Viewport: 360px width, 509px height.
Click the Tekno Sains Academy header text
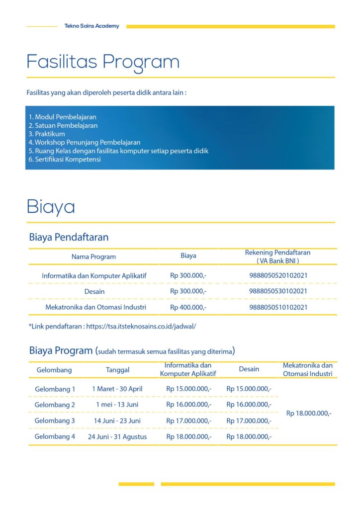pyautogui.click(x=92, y=26)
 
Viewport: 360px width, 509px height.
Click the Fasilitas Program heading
pyautogui.click(x=103, y=62)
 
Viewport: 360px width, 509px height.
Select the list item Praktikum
pyautogui.click(x=47, y=134)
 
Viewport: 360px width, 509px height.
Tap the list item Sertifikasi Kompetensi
pyautogui.click(x=65, y=159)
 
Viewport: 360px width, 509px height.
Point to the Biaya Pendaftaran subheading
pyautogui.click(x=69, y=237)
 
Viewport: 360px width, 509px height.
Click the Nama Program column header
pyautogui.click(x=93, y=256)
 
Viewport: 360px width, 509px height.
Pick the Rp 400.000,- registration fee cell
pyautogui.click(x=188, y=307)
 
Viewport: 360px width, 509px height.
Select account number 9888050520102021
pyautogui.click(x=278, y=275)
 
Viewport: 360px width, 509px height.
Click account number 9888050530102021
pyautogui.click(x=278, y=291)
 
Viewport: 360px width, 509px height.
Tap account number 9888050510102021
pyautogui.click(x=278, y=307)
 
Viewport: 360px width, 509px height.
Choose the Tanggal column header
pyautogui.click(x=118, y=370)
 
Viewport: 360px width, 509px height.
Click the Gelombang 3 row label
pyautogui.click(x=55, y=421)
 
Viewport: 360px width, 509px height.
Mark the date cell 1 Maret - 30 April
pyautogui.click(x=117, y=389)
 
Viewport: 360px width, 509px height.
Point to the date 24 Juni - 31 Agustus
pyautogui.click(x=117, y=437)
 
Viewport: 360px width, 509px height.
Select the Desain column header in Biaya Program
pyautogui.click(x=249, y=369)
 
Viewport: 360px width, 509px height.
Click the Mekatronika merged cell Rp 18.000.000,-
pyautogui.click(x=309, y=413)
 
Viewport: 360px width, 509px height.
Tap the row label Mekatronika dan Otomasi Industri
pyautogui.click(x=95, y=307)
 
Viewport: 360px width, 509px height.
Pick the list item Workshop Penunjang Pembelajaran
pyautogui.click(x=85, y=142)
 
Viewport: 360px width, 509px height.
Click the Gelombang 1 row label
pyautogui.click(x=55, y=389)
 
